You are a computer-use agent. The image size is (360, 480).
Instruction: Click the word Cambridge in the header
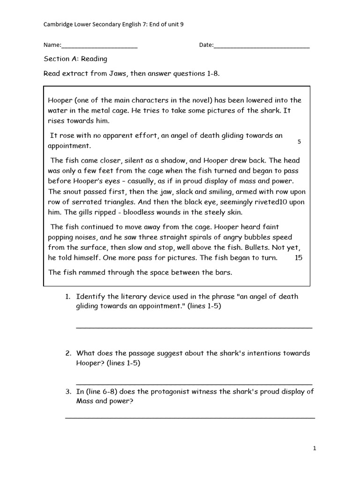(57, 24)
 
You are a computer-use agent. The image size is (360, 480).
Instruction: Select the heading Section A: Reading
(75, 59)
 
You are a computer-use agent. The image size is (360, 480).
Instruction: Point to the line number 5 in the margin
(299, 142)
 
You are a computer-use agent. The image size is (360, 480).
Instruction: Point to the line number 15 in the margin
(299, 258)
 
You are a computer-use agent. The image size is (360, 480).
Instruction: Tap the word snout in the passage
(71, 192)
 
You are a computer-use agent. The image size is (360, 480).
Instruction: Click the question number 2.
(67, 353)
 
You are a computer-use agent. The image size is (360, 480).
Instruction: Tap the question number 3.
(67, 392)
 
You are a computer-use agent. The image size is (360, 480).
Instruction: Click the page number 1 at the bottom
(315, 449)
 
